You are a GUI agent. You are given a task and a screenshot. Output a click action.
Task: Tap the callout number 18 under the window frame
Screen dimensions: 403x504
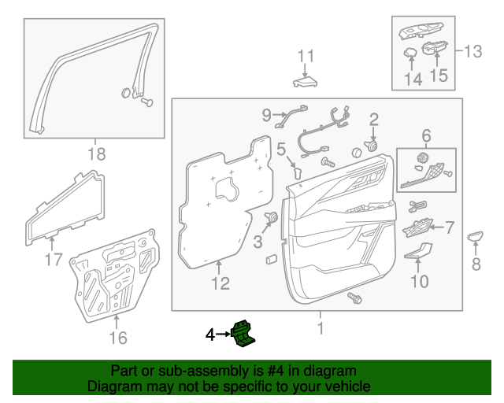pyautogui.click(x=95, y=153)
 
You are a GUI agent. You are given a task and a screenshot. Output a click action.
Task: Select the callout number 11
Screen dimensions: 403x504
pyautogui.click(x=306, y=56)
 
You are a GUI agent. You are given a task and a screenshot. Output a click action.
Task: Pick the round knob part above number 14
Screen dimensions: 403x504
pyautogui.click(x=410, y=54)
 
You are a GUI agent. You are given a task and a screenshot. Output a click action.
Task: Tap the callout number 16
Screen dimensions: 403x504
pyautogui.click(x=117, y=338)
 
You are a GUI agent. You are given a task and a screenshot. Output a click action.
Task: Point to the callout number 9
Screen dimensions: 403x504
pyautogui.click(x=266, y=115)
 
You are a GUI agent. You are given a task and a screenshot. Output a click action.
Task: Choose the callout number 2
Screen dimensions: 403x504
pyautogui.click(x=373, y=119)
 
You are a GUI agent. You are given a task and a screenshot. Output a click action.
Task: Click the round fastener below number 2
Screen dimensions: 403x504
pyautogui.click(x=371, y=146)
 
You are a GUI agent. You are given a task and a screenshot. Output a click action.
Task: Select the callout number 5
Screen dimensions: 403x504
pyautogui.click(x=280, y=146)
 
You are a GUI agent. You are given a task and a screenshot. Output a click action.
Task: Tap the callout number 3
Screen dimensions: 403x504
pyautogui.click(x=258, y=242)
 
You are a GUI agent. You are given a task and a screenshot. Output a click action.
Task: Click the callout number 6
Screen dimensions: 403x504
pyautogui.click(x=426, y=135)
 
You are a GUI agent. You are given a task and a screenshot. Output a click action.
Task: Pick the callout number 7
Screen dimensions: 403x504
pyautogui.click(x=450, y=227)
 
